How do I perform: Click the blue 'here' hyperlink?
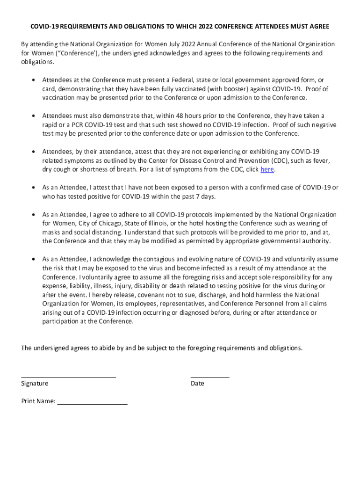coord(267,169)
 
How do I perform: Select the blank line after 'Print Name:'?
coord(92,403)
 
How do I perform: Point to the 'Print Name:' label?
coord(38,401)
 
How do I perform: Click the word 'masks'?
coord(51,232)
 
